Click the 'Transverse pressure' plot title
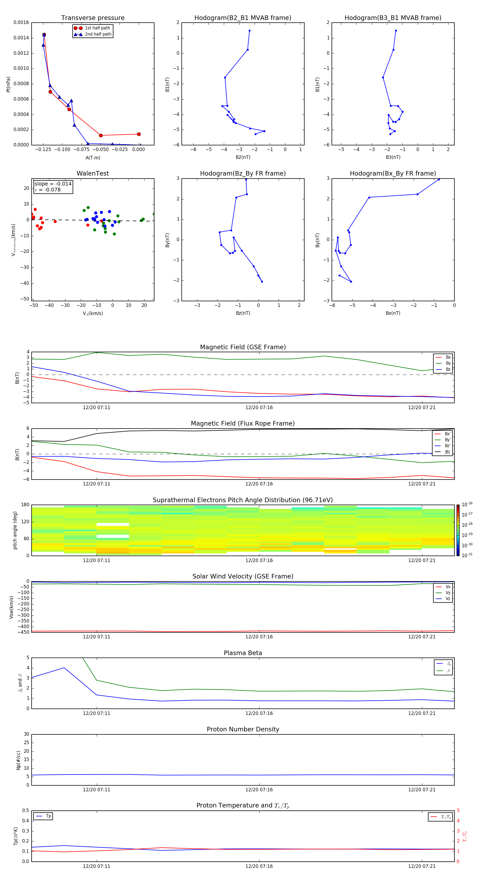pos(93,18)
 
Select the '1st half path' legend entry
pos(97,28)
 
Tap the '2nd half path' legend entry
pos(98,34)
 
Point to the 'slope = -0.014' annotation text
pos(53,184)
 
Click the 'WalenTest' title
pos(93,173)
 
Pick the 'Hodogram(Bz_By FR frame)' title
pos(243,173)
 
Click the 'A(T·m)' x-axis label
pos(93,158)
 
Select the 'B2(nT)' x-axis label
pos(243,157)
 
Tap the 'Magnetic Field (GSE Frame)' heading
pos(243,347)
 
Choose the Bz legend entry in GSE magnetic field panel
pos(448,369)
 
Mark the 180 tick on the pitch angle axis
pos(25,505)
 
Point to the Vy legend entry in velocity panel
pos(448,593)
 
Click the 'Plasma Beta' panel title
pos(243,653)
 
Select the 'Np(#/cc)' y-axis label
pos(18,760)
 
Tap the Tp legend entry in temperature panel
pos(48,816)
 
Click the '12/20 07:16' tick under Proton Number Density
pos(259,789)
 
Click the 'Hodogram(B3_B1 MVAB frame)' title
pos(393,18)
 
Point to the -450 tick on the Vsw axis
pos(22,632)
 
